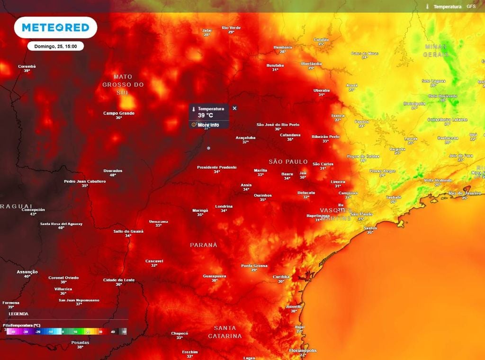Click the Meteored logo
[56, 28]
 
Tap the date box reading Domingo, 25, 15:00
[56, 46]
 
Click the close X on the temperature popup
[234, 108]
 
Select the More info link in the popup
[208, 125]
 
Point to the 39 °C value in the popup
[206, 116]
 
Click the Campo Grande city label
[119, 114]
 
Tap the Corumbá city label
[27, 66]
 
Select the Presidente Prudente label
[217, 167]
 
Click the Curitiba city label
[281, 277]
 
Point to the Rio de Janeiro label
[465, 193]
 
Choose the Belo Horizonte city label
[443, 96]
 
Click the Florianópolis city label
[303, 351]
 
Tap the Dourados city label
[113, 171]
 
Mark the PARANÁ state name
[204, 245]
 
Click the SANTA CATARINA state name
[225, 332]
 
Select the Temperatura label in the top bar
[448, 7]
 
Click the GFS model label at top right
[471, 7]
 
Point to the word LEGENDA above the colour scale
[18, 314]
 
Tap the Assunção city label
[27, 272]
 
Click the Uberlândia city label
[311, 63]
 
